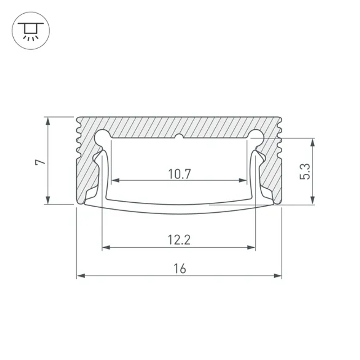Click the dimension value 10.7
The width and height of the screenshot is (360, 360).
(179, 174)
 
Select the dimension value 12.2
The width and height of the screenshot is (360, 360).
(179, 240)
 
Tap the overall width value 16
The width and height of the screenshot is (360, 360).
(179, 269)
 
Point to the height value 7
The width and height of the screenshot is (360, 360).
(41, 161)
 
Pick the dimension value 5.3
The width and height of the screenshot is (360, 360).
(305, 171)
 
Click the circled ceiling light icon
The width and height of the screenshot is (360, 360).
(31, 31)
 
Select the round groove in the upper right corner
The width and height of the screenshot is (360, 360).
(256, 136)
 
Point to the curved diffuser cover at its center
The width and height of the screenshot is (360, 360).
(179, 210)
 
